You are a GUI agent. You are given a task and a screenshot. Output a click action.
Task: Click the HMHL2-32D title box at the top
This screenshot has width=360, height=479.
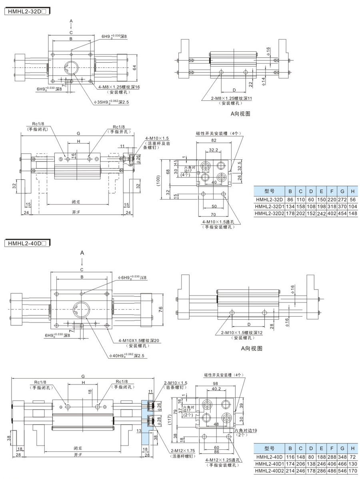click(x=27, y=12)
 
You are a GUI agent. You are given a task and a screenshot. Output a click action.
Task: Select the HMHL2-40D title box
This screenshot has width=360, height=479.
click(x=27, y=243)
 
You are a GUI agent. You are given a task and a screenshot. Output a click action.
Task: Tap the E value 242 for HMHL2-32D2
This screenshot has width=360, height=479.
click(x=320, y=214)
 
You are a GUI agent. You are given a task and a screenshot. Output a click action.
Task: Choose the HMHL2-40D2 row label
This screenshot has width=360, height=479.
click(x=269, y=471)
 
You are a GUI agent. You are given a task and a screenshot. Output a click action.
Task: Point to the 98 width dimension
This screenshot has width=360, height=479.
click(x=214, y=383)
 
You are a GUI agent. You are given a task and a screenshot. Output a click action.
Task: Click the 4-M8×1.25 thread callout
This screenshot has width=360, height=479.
click(x=119, y=86)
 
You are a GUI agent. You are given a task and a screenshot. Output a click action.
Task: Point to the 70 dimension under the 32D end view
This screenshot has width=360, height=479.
click(x=213, y=215)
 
